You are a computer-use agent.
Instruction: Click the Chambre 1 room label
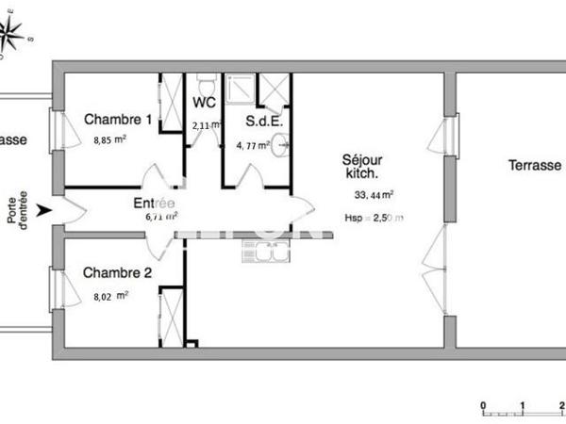tap(118, 120)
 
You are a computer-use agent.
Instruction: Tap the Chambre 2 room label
tap(118, 273)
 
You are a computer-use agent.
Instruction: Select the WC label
tap(205, 102)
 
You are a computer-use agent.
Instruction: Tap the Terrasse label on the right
tap(534, 165)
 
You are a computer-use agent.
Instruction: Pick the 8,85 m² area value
tap(109, 139)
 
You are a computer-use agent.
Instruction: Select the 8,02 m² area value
tap(109, 294)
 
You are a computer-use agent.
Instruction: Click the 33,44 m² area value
tap(374, 196)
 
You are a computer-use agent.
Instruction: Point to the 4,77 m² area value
tap(252, 145)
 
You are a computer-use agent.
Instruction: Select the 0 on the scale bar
tap(482, 407)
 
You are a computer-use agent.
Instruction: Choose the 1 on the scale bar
tap(523, 407)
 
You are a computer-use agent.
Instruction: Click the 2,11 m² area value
tap(205, 124)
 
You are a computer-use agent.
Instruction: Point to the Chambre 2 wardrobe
tap(172, 316)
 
